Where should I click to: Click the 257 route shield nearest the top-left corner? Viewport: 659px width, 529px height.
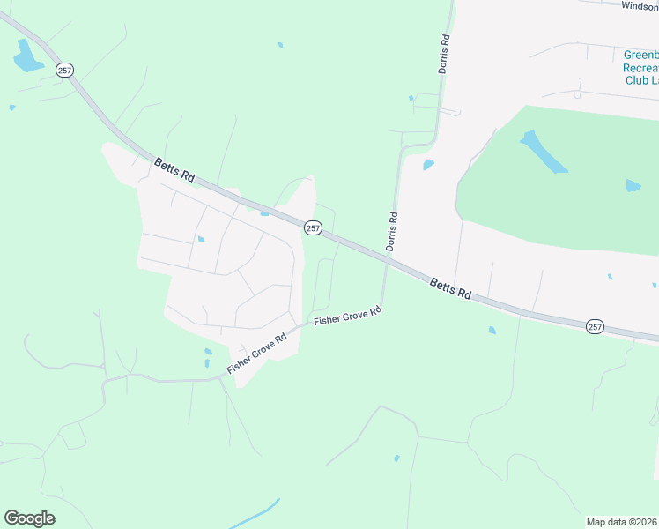(x=64, y=70)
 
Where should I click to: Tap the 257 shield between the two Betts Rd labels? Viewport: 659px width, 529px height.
(x=313, y=227)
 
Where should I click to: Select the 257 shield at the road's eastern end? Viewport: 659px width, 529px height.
(x=595, y=326)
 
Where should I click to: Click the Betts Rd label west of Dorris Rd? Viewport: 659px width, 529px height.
(x=174, y=169)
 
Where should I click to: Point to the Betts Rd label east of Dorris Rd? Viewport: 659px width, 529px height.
(x=451, y=288)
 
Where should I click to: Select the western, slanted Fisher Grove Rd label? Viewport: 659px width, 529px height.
(x=257, y=354)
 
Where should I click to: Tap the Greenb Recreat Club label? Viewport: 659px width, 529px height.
(x=640, y=67)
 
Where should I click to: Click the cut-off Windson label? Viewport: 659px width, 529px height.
(x=639, y=6)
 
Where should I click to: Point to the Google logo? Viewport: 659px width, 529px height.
(x=29, y=518)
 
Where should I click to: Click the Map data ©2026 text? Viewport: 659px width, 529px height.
(x=622, y=521)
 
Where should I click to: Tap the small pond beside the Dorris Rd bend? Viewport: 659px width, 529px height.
(x=428, y=164)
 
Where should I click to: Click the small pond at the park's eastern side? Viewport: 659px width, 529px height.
(x=633, y=186)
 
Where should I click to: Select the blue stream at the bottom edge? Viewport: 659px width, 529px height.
(x=255, y=515)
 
